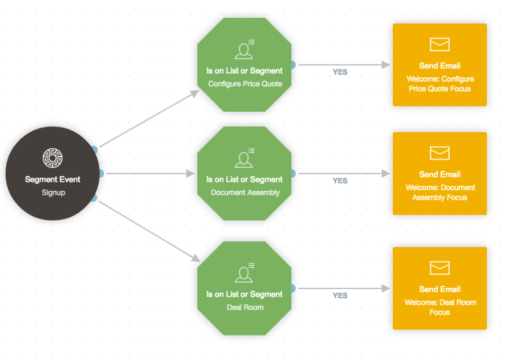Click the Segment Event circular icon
point(52,158)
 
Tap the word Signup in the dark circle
point(54,193)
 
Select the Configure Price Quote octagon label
point(245,84)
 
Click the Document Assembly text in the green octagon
point(245,193)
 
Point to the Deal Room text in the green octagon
point(245,308)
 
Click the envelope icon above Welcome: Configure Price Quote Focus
point(439,44)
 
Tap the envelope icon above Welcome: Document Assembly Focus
point(439,153)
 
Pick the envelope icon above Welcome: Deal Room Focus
point(439,268)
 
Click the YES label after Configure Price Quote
point(340,72)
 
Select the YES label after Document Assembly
point(340,181)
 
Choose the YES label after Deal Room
point(340,296)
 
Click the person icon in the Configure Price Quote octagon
point(244,51)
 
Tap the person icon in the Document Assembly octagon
point(244,160)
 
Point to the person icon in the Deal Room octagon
point(244,274)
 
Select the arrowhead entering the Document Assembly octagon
point(190,174)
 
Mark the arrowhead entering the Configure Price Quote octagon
point(195,93)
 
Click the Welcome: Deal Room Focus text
point(440,307)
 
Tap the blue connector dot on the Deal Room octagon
point(293,289)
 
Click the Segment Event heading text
point(52,179)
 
